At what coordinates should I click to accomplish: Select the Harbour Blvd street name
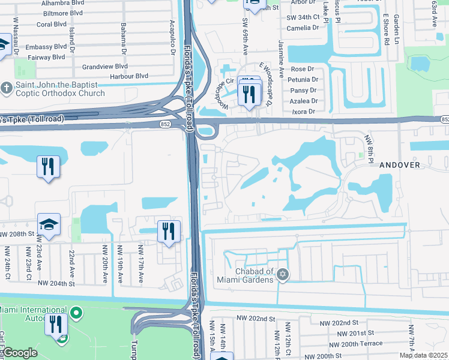(125, 76)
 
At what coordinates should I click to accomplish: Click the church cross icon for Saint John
(7, 89)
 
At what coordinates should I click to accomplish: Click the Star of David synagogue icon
(282, 275)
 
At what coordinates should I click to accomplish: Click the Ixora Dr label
(303, 112)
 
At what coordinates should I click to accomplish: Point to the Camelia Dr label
(303, 28)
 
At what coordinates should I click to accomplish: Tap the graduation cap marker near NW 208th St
(49, 224)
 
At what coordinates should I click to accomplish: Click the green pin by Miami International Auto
(76, 313)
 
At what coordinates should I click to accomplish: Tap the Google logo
(20, 353)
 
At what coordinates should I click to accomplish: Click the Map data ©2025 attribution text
(423, 355)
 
